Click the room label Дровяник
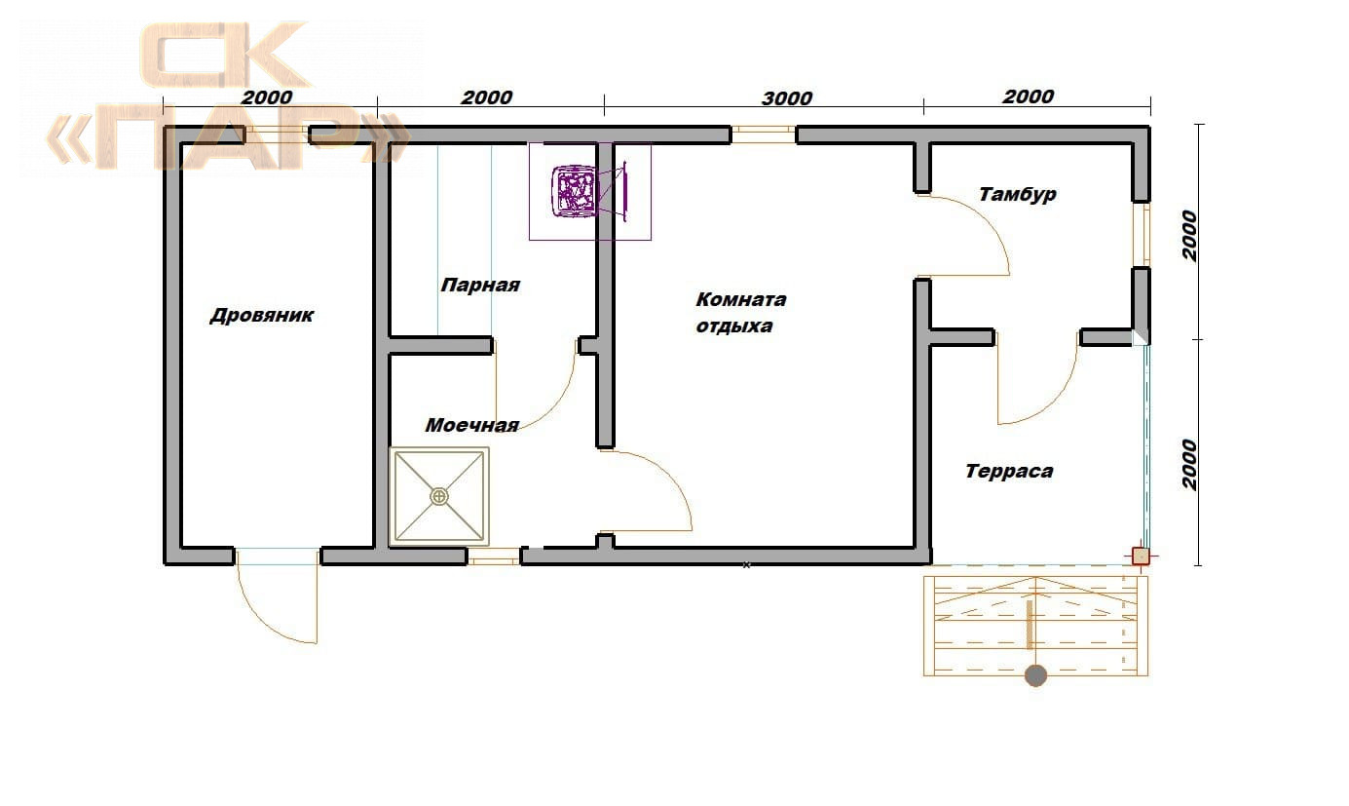262,315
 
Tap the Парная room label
480,285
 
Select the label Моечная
472,425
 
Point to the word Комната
741,299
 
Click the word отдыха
734,326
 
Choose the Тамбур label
1017,194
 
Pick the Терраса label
1009,471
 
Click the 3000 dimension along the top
787,97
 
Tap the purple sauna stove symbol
589,191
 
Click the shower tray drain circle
439,496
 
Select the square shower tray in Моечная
439,496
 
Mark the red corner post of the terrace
1141,556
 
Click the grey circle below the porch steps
1035,675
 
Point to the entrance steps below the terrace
1035,626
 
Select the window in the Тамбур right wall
1142,234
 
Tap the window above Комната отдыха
764,134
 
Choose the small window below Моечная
494,556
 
